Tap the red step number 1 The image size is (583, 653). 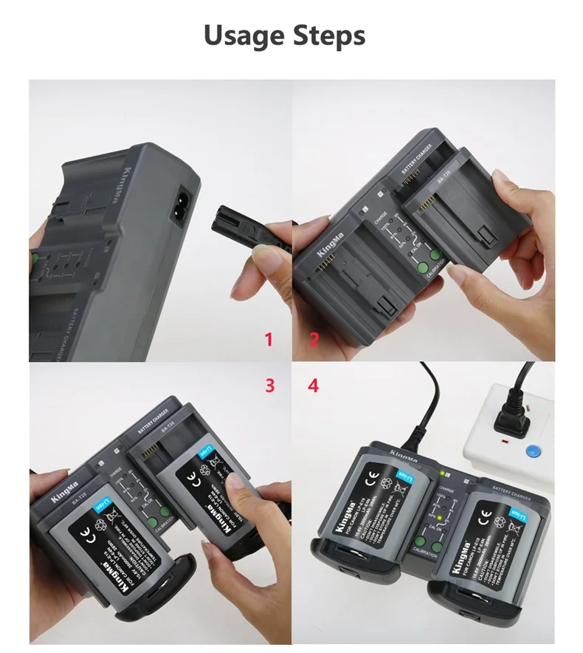269,340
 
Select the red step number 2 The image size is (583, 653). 314,340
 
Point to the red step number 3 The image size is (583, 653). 270,385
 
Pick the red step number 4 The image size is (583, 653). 314,385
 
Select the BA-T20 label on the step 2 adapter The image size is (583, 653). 444,180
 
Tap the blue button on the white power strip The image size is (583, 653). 528,451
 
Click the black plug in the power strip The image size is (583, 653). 511,420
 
